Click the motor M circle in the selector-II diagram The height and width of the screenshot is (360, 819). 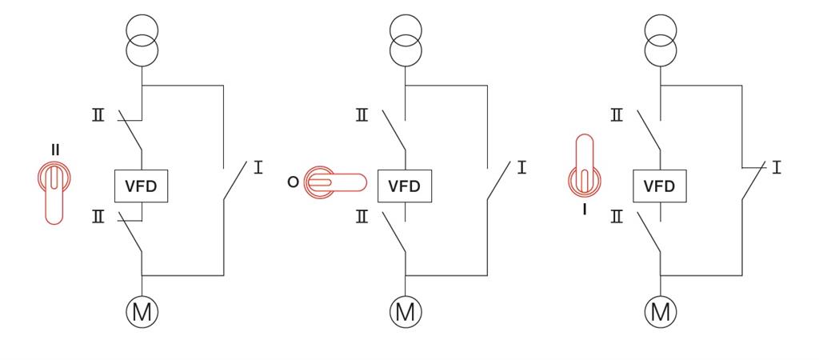[x=142, y=312]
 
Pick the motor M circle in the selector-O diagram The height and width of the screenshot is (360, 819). [x=406, y=312]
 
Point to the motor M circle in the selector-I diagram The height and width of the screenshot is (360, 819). [x=661, y=312]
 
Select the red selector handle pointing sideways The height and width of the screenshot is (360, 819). [x=336, y=183]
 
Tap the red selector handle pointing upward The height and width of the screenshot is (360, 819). [x=585, y=164]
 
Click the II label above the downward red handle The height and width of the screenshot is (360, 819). [x=55, y=150]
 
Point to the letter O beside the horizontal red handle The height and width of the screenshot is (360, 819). [x=293, y=182]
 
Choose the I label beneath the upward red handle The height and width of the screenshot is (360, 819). [x=585, y=210]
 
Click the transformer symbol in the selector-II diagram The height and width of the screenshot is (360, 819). [x=142, y=40]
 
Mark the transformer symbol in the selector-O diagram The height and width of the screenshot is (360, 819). [x=406, y=40]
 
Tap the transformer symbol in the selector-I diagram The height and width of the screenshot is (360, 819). [x=661, y=40]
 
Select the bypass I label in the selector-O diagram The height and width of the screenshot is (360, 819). [x=521, y=168]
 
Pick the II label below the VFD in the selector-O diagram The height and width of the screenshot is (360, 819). [x=362, y=217]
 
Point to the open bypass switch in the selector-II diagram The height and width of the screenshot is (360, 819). [x=234, y=182]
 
